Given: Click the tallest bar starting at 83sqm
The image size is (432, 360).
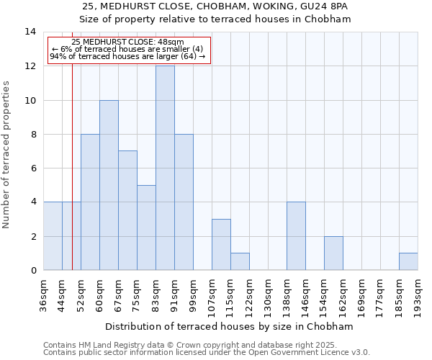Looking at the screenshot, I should point(165,168).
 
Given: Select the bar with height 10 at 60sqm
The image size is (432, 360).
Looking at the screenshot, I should point(109,185).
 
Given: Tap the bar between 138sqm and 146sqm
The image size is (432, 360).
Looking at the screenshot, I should point(296,236).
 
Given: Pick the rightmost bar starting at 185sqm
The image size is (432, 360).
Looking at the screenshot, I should point(408,261).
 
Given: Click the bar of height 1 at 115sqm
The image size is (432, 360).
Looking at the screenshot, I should point(240,261).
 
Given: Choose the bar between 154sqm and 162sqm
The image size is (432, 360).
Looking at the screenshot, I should point(333,253).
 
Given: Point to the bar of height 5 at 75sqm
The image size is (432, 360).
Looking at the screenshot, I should point(146,228).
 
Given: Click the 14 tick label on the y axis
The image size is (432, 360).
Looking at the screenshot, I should point(30,32).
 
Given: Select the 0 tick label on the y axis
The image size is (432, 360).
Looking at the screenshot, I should point(33,271).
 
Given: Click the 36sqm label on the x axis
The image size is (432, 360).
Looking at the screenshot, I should point(44,291).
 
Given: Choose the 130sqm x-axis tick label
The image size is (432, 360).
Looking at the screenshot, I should point(268,293).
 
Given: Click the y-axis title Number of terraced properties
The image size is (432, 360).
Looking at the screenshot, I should point(7,155).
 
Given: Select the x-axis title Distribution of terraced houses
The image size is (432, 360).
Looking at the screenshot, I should point(230,327).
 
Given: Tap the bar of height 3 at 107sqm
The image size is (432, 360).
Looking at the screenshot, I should point(221,245).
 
